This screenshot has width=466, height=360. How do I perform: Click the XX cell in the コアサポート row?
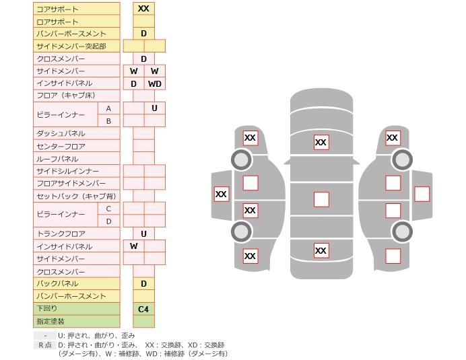(143, 9)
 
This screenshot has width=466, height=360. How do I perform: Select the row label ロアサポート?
(57, 22)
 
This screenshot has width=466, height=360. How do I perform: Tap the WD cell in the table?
(154, 83)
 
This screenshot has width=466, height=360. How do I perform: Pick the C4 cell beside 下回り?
(143, 309)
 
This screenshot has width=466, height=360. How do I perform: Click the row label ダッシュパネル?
(61, 133)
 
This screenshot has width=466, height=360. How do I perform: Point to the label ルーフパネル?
(57, 159)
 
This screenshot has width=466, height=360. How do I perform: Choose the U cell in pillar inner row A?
(154, 108)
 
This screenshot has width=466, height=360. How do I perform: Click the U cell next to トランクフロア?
(143, 233)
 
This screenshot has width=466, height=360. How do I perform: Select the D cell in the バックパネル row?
(143, 284)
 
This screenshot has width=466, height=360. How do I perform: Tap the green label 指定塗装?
(50, 322)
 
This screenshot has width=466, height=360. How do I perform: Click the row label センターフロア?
(61, 146)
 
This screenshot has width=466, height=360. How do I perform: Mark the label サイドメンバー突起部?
(71, 46)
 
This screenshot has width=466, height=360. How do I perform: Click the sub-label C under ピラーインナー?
(108, 209)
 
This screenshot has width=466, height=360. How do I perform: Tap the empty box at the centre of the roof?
(321, 199)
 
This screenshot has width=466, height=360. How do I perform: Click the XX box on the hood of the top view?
(321, 142)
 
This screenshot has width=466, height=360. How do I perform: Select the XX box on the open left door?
(221, 194)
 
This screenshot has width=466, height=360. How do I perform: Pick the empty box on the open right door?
(422, 194)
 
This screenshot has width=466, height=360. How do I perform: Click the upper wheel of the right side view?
(402, 160)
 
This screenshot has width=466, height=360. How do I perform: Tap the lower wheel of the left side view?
(241, 231)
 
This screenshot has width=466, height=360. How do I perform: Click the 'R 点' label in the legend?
(44, 345)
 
